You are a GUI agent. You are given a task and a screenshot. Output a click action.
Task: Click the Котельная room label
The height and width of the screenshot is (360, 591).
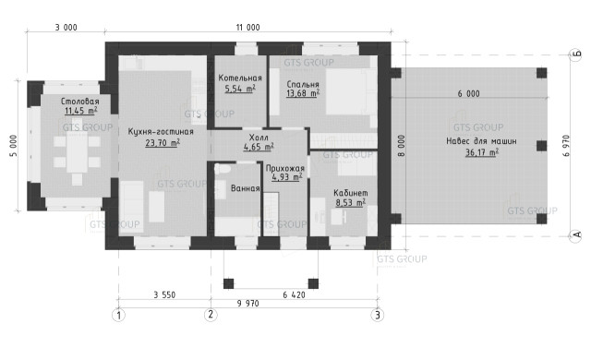pyautogui.click(x=240, y=78)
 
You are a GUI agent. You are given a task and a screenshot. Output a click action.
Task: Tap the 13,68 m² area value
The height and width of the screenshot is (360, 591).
pyautogui.click(x=303, y=93)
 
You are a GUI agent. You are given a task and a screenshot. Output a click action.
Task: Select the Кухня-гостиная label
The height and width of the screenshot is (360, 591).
pyautogui.click(x=161, y=132)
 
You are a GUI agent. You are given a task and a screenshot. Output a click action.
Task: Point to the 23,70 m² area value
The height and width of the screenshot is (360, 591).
pyautogui.click(x=163, y=143)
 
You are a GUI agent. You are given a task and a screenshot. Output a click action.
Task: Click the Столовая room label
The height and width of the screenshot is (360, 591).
pyautogui.click(x=80, y=102)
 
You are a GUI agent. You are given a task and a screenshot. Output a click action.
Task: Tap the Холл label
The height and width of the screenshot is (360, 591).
pyautogui.click(x=259, y=138)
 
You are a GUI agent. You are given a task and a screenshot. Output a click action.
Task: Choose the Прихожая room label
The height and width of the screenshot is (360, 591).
pyautogui.click(x=285, y=168)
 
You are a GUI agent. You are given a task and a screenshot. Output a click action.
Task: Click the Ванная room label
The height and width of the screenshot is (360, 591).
pyautogui.click(x=246, y=188)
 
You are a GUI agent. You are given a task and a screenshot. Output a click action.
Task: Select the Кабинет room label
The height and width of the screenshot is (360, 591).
pyautogui.click(x=351, y=193)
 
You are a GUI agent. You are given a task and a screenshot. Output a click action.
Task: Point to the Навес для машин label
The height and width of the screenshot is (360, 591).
pyautogui.click(x=481, y=141)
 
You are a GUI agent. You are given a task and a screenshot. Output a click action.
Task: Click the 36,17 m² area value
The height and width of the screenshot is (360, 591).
pyautogui.click(x=482, y=152)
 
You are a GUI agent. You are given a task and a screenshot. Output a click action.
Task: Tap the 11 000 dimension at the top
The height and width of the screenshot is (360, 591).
pyautogui.click(x=247, y=27)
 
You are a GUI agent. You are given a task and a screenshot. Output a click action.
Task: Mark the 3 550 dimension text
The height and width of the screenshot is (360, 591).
pyautogui.click(x=164, y=294)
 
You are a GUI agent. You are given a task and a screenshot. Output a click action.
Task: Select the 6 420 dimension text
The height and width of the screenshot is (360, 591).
pyautogui.click(x=294, y=294)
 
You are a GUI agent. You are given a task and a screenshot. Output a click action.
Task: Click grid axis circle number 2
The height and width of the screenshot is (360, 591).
pyautogui.click(x=211, y=314)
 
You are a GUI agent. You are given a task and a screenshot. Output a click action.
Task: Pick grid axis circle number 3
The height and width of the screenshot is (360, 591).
pyautogui.click(x=378, y=315)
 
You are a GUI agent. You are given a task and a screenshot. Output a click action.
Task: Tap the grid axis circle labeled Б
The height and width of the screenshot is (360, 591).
pyautogui.click(x=575, y=55)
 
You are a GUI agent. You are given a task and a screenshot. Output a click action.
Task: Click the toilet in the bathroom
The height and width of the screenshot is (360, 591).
pyautogui.click(x=223, y=169)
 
